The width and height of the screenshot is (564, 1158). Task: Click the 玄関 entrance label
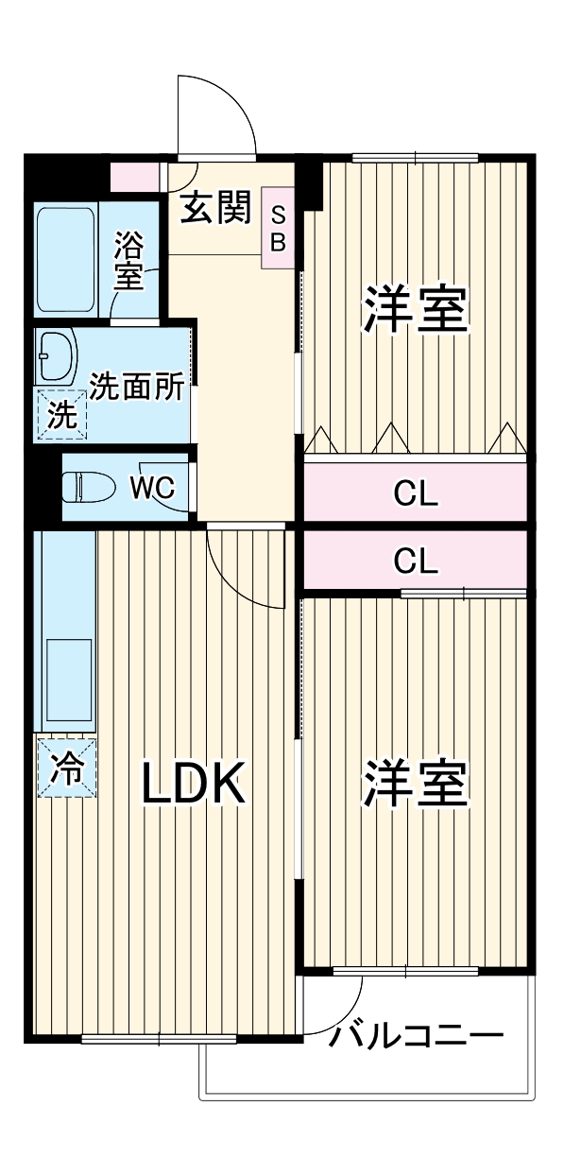click(x=215, y=207)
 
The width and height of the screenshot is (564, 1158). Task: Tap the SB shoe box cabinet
click(x=278, y=228)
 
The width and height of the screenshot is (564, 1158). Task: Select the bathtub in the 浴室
click(x=65, y=260)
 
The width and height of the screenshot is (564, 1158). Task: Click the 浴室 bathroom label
click(x=128, y=260)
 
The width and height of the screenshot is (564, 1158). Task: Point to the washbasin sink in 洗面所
click(x=57, y=356)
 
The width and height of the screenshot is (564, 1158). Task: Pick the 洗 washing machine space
click(x=61, y=415)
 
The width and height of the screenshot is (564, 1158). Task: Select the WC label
click(x=152, y=487)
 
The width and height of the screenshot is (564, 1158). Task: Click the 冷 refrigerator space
click(x=67, y=768)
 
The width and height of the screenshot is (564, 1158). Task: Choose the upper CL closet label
click(x=416, y=494)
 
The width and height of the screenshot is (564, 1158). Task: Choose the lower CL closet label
click(x=416, y=561)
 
